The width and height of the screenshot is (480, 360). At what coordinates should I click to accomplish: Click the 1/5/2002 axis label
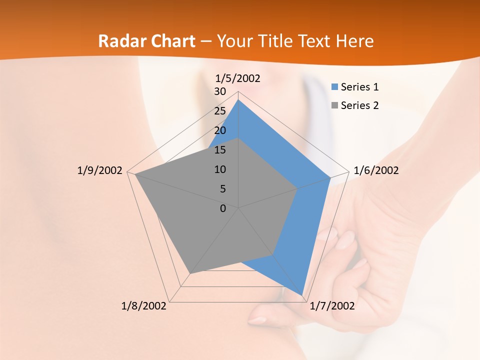pyautogui.click(x=237, y=78)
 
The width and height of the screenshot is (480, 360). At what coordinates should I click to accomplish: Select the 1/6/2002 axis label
pyautogui.click(x=376, y=170)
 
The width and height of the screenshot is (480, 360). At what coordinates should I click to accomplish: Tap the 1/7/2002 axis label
pyautogui.click(x=332, y=306)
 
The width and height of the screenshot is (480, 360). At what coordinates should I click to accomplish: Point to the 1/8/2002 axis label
pyautogui.click(x=144, y=306)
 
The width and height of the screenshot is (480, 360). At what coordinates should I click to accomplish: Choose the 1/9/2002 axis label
pyautogui.click(x=99, y=170)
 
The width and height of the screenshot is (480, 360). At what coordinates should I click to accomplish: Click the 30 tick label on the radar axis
pyautogui.click(x=220, y=91)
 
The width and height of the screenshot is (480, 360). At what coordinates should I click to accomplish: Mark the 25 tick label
pyautogui.click(x=220, y=111)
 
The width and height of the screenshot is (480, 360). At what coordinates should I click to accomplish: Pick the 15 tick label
pyautogui.click(x=220, y=150)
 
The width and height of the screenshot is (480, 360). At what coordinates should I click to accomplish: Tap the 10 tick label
pyautogui.click(x=220, y=169)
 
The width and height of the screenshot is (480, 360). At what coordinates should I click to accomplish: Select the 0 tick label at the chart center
pyautogui.click(x=223, y=208)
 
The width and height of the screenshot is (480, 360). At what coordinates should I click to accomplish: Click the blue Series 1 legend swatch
pyautogui.click(x=335, y=87)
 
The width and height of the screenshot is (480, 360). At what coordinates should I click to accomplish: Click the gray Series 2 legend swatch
pyautogui.click(x=335, y=105)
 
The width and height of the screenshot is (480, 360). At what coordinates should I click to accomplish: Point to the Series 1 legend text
pyautogui.click(x=359, y=87)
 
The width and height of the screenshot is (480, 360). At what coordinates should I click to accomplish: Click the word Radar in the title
pyautogui.click(x=120, y=41)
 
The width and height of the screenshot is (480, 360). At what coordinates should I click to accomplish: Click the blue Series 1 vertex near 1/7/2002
pyautogui.click(x=302, y=295)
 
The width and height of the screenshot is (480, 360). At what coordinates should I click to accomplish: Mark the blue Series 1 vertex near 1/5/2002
pyautogui.click(x=238, y=100)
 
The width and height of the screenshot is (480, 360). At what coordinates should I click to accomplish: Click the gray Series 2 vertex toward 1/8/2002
pyautogui.click(x=190, y=273)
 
